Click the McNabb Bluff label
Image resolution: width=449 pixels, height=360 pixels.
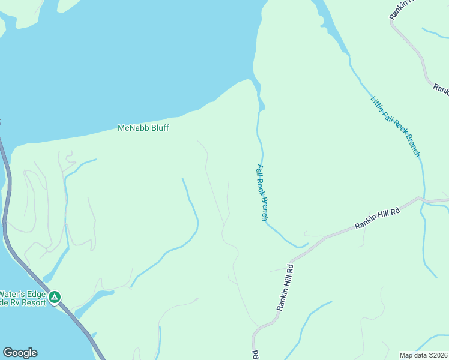tap(143, 128)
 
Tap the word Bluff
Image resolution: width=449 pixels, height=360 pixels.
tap(158, 128)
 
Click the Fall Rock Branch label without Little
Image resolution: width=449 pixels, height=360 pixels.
tap(261, 193)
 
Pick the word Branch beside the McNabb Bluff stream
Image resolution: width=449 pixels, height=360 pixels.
tap(263, 209)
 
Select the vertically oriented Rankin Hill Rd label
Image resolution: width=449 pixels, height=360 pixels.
tap(285, 287)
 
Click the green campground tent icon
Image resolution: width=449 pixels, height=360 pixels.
tap(55, 296)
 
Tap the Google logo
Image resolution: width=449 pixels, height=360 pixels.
tap(20, 353)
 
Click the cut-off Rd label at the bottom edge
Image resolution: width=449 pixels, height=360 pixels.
tap(255, 355)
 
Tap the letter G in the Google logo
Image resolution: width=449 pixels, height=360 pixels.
tap(8, 353)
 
